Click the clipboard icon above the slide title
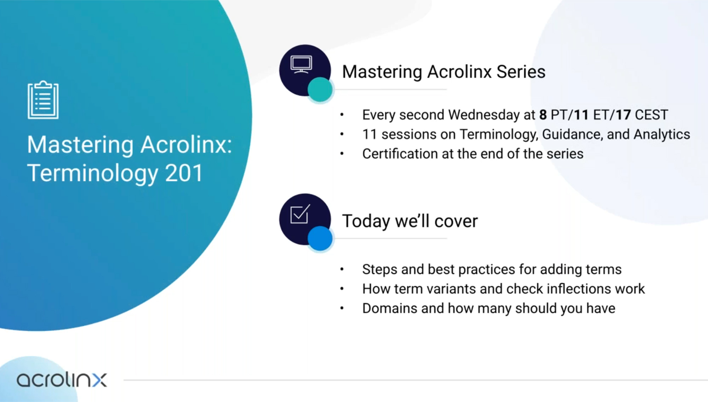(x=43, y=100)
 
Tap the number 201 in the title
(x=184, y=173)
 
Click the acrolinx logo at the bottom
(x=62, y=380)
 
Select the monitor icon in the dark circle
(x=301, y=65)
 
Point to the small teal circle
(x=320, y=89)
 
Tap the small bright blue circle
(x=320, y=238)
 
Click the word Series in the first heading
(x=521, y=72)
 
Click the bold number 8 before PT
(x=543, y=115)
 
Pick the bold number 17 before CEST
(x=623, y=115)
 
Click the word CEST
(x=651, y=115)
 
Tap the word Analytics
(x=662, y=135)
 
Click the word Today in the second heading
(x=366, y=221)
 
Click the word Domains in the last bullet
(x=390, y=308)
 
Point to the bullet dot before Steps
(x=342, y=269)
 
